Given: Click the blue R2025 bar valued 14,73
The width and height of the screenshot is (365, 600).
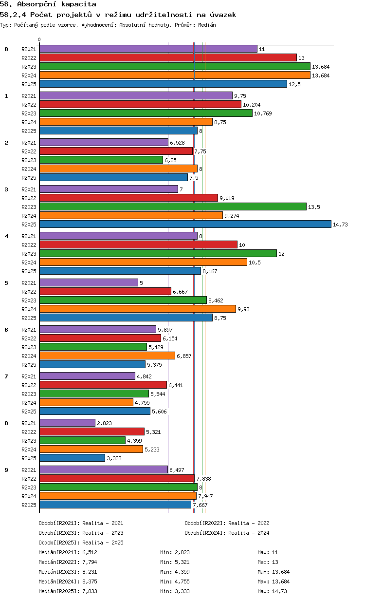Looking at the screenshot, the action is tap(185, 224).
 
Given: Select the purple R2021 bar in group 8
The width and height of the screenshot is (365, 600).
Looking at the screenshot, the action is tap(68, 423).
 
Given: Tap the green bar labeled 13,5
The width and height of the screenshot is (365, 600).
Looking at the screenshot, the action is tap(173, 207).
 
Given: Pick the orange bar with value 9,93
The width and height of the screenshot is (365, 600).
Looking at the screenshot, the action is tap(138, 309).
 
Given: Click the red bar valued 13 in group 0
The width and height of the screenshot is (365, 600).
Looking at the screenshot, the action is tap(168, 58).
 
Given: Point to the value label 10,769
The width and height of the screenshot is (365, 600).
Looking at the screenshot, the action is tap(263, 113).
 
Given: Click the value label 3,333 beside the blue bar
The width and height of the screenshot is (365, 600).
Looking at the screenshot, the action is tap(114, 458).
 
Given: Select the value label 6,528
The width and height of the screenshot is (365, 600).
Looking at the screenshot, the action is tap(177, 143).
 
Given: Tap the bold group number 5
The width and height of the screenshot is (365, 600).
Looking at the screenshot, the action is tap(6, 283).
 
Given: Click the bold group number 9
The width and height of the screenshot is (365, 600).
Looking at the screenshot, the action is tap(6, 470).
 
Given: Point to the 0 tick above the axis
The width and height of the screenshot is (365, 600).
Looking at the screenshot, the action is tap(39, 39).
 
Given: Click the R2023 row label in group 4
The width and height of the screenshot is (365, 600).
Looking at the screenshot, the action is tap(29, 254).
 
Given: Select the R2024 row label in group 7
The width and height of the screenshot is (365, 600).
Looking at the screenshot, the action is tap(29, 403).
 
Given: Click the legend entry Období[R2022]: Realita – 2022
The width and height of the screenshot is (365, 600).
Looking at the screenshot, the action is tap(227, 523).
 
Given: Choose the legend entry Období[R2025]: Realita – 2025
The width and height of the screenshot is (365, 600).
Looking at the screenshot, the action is tap(81, 543).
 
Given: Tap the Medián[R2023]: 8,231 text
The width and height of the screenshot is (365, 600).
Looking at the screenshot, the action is tap(68, 572).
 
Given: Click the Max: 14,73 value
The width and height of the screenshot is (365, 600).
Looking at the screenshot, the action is tap(272, 591).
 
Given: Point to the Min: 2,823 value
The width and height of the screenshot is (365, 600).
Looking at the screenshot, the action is tap(175, 552).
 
